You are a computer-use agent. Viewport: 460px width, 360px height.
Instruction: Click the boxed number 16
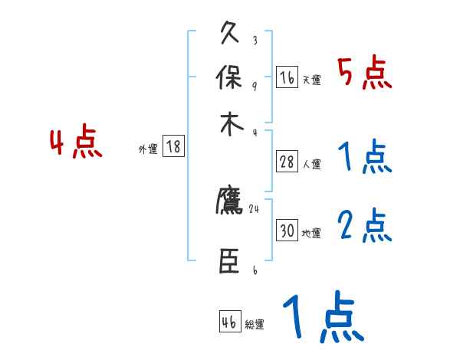click(x=287, y=77)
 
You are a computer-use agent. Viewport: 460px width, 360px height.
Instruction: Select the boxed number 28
click(x=287, y=162)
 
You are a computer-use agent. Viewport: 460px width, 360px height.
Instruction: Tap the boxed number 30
click(x=287, y=231)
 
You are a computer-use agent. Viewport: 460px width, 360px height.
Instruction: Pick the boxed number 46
click(x=229, y=322)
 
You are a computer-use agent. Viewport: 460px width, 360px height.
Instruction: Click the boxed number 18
click(x=174, y=147)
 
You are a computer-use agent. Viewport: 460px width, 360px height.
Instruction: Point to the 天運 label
click(x=311, y=80)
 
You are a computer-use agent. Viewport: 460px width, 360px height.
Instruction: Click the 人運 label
click(x=312, y=164)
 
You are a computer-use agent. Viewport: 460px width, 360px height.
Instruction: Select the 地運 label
click(x=311, y=233)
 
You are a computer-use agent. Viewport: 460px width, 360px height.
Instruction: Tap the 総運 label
click(x=255, y=324)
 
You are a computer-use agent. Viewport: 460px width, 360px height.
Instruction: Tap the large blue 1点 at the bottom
click(x=322, y=318)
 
